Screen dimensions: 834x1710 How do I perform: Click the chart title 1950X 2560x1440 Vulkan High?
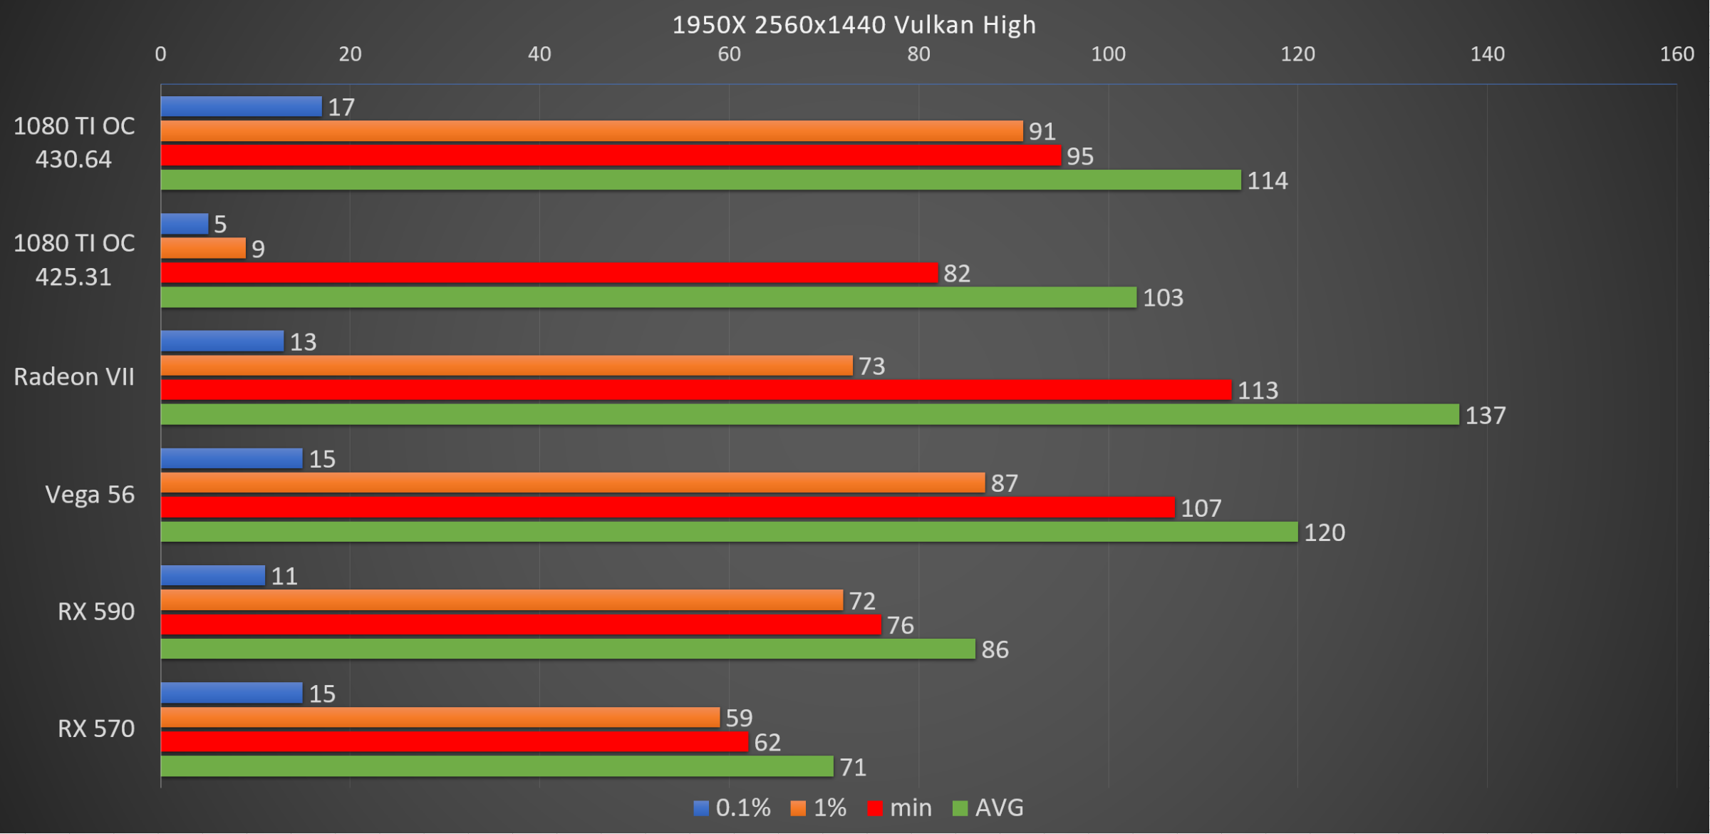(854, 25)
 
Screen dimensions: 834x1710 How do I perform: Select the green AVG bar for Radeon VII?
(809, 415)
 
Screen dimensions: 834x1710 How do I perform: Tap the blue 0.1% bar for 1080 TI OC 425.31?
(185, 224)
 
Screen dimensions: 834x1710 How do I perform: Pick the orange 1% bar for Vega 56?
(572, 483)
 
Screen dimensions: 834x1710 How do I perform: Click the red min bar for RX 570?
(454, 742)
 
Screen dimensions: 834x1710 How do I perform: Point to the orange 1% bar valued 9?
(203, 248)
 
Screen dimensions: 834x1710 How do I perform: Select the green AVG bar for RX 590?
(568, 649)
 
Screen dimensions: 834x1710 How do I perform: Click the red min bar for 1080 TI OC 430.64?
(611, 155)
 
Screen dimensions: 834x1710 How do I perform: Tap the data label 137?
(1485, 416)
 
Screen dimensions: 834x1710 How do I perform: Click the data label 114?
(1267, 181)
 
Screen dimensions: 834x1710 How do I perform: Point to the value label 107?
(1201, 508)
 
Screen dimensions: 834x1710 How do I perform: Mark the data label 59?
(739, 718)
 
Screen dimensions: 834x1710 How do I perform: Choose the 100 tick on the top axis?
(1108, 54)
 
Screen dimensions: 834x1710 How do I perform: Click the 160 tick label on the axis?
(1677, 54)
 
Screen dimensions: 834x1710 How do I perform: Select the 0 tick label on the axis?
(161, 54)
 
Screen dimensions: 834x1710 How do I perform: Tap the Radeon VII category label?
(74, 377)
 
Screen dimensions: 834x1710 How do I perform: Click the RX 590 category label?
(96, 612)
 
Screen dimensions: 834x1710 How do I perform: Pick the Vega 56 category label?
(90, 495)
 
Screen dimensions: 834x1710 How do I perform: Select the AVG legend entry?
(988, 808)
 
